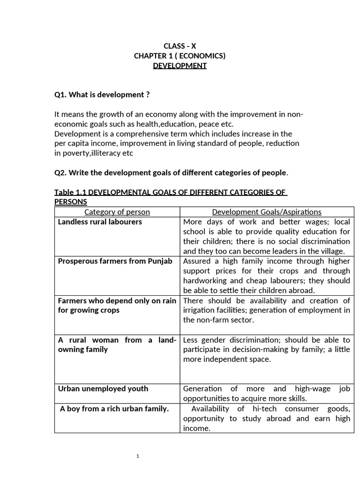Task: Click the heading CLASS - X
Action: click(x=180, y=46)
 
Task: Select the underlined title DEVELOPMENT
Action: click(x=180, y=66)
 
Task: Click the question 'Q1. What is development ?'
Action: click(x=102, y=95)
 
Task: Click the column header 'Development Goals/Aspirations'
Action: click(x=267, y=212)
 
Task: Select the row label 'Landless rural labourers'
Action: click(x=100, y=222)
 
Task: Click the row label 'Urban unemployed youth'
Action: click(x=103, y=389)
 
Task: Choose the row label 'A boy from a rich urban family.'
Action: click(x=114, y=409)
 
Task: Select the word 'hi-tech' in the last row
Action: click(x=264, y=409)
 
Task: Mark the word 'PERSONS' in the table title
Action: click(x=71, y=202)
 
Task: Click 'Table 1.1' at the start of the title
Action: click(x=71, y=192)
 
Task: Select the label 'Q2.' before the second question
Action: click(x=61, y=172)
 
